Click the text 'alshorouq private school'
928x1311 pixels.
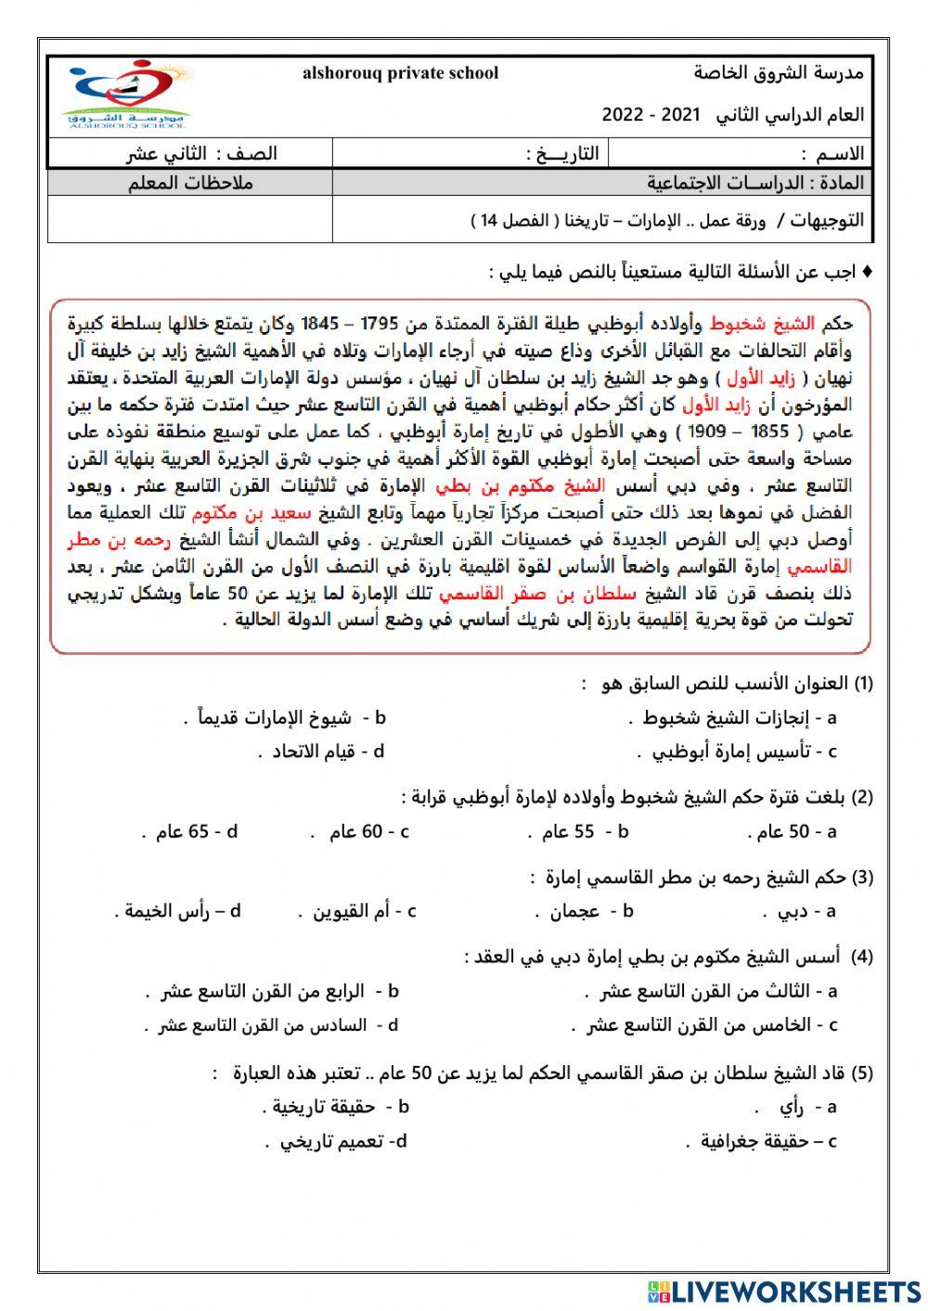pos(400,73)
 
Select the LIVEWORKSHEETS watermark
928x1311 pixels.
pos(783,1291)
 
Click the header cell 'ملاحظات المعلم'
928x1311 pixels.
pos(190,182)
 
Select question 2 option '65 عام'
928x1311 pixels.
pos(182,831)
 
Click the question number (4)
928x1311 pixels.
pos(862,956)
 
